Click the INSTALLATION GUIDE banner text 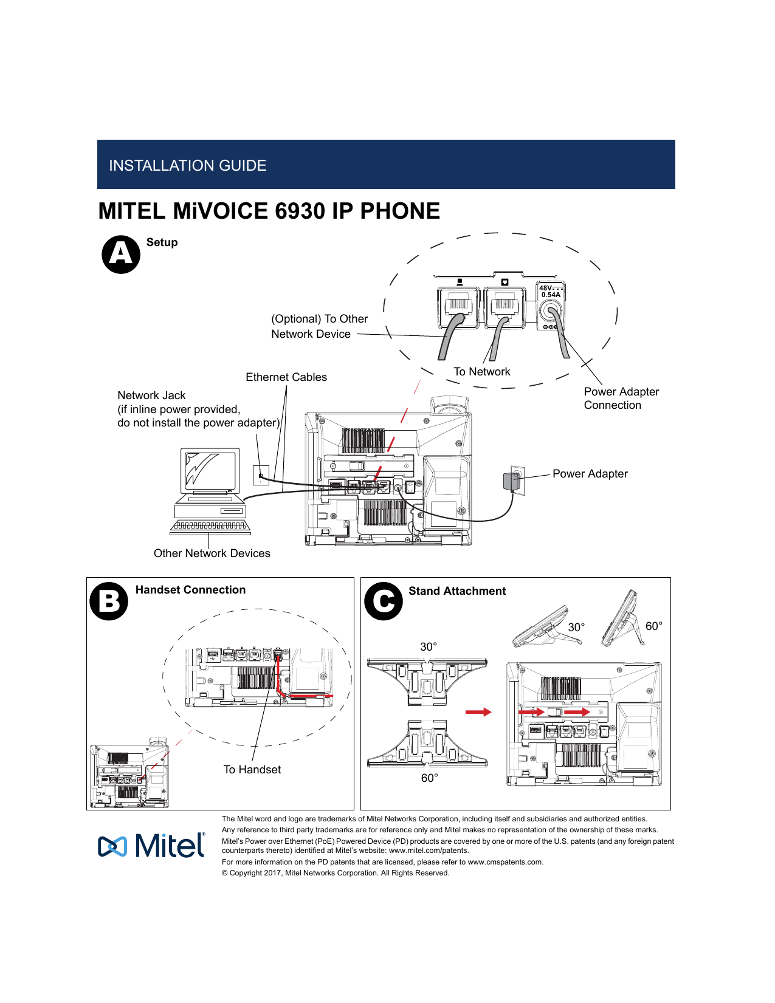point(187,166)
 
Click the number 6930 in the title point(300,211)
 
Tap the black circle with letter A point(121,255)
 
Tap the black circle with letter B point(109,601)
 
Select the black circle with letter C point(384,601)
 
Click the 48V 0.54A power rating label point(550,291)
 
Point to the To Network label point(482,372)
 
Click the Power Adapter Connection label point(621,399)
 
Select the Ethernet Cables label point(286,377)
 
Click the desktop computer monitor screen point(209,471)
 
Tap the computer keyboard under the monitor point(210,526)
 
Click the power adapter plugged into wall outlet point(509,482)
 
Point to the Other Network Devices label point(212,553)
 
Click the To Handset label point(252,770)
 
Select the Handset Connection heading point(190,590)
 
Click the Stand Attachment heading point(456,591)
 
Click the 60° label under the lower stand point(429,778)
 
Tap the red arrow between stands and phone point(478,712)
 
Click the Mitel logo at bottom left point(152,846)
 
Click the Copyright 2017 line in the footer point(335,873)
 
